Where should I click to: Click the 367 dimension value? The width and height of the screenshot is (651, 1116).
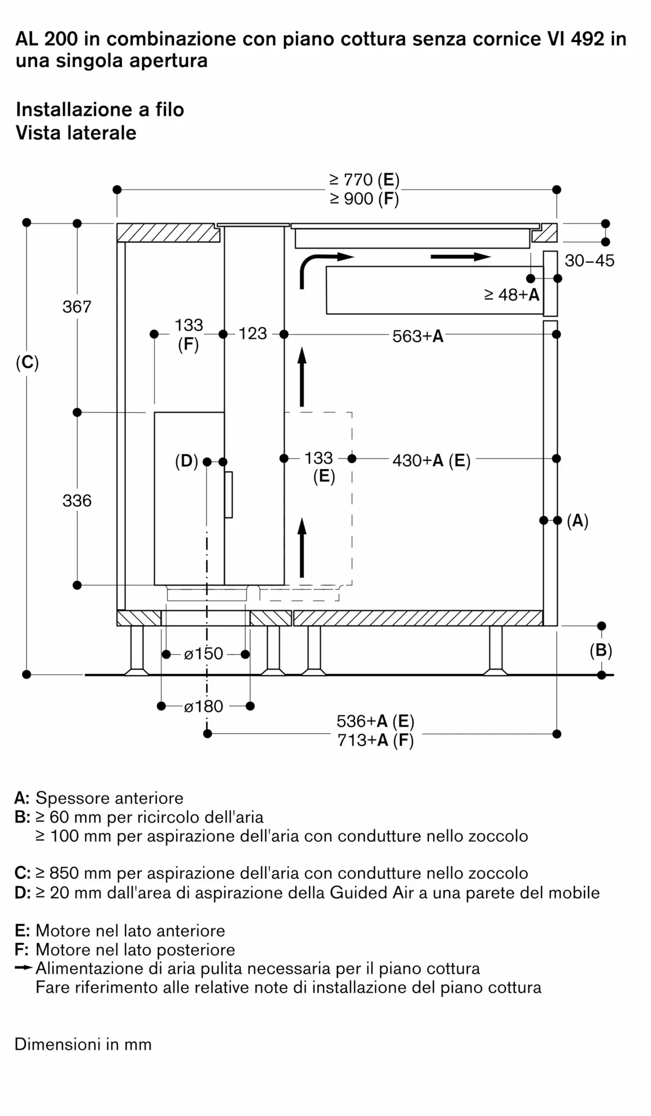click(77, 307)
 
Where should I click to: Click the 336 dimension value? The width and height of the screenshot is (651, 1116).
click(77, 501)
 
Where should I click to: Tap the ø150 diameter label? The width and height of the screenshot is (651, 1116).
click(204, 653)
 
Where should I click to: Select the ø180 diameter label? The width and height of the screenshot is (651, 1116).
click(204, 706)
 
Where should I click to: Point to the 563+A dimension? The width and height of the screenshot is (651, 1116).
click(418, 336)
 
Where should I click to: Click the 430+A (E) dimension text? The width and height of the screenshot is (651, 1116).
click(431, 460)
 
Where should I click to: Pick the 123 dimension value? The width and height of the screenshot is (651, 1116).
click(253, 334)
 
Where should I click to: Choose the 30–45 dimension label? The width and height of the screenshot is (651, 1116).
click(590, 261)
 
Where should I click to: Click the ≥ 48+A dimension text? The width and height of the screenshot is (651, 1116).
click(512, 295)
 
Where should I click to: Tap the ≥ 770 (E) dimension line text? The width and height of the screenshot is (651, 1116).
click(364, 180)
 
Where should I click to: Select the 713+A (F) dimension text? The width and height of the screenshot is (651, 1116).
click(375, 740)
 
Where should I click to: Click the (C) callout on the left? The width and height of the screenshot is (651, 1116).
click(27, 363)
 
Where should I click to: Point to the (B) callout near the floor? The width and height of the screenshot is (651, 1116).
click(601, 651)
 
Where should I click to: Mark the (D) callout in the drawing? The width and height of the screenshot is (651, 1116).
click(187, 461)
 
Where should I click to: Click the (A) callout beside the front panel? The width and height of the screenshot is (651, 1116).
click(577, 521)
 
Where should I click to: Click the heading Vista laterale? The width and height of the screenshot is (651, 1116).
click(76, 133)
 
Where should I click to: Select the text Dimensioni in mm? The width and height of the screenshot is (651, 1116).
click(83, 1044)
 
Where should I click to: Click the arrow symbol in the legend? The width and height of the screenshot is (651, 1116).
click(24, 968)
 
